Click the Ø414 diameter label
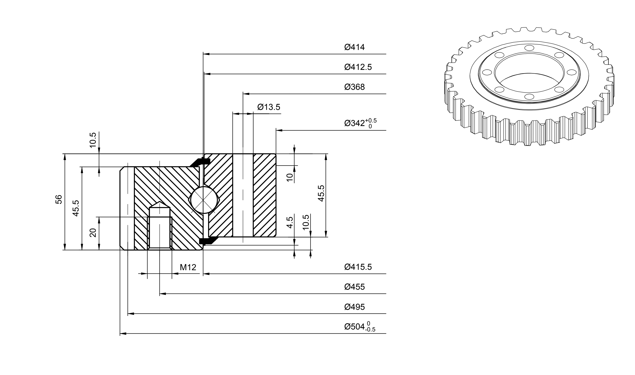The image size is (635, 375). click(x=354, y=47)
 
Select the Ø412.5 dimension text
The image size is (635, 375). click(x=358, y=67)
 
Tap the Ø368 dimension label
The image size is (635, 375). click(x=354, y=87)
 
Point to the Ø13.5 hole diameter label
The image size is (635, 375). click(x=269, y=107)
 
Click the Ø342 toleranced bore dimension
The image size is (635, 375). click(x=360, y=123)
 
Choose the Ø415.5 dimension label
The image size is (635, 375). click(x=358, y=267)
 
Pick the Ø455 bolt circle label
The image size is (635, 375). click(x=354, y=287)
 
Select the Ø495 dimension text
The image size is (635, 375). click(x=354, y=307)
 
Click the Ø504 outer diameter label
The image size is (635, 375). click(x=360, y=327)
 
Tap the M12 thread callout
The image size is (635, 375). click(x=188, y=267)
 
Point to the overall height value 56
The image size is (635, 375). click(x=59, y=199)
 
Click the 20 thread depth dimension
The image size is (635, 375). click(x=93, y=232)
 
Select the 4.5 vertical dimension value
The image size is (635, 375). click(x=290, y=222)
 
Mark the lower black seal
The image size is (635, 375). click(x=206, y=241)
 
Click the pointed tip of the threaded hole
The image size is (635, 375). click(x=159, y=202)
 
